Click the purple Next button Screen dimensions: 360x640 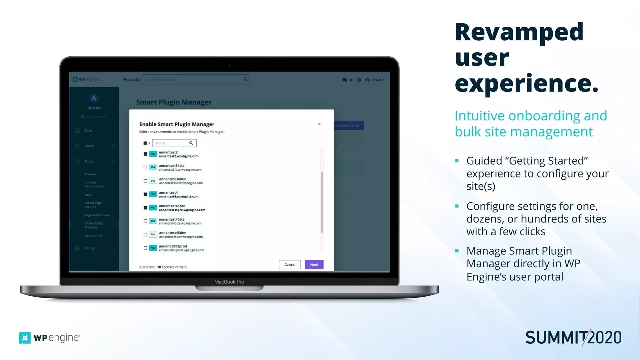(314, 265)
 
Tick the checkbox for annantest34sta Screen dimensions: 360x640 (145, 167)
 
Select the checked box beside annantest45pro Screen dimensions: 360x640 (145, 207)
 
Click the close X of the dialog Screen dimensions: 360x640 (319, 124)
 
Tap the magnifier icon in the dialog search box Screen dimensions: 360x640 (191, 143)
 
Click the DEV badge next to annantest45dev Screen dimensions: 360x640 (153, 234)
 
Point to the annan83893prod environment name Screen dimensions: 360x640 (173, 246)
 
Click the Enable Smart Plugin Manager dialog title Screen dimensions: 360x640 (177, 124)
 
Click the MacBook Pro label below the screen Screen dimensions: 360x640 (229, 282)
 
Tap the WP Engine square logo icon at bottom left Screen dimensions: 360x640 (25, 338)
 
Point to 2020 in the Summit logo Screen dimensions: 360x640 (605, 338)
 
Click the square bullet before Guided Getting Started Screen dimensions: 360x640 (457, 161)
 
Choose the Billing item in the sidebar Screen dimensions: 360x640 (89, 248)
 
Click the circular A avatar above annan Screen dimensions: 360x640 (94, 98)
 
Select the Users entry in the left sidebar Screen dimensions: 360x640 (89, 146)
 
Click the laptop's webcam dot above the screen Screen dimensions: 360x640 (229, 65)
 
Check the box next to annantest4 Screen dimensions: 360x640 (145, 194)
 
